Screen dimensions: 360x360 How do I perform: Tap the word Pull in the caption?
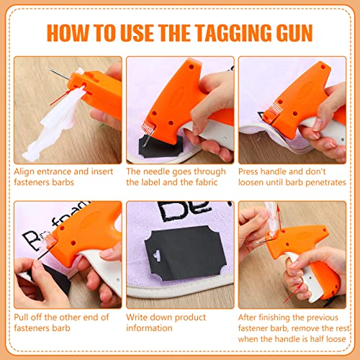pos(22,318)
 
